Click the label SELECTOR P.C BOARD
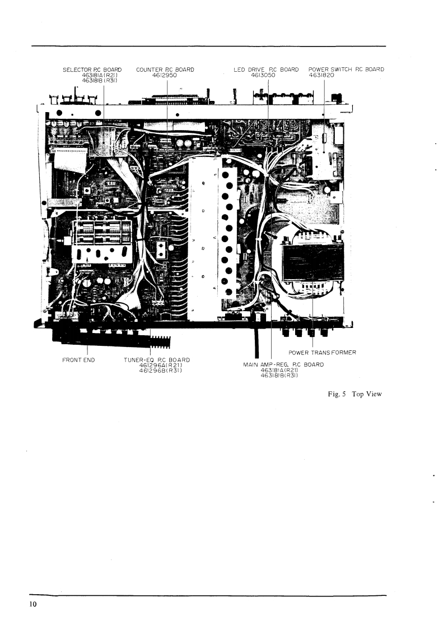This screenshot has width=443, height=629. click(92, 70)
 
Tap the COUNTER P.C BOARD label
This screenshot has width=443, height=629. click(165, 70)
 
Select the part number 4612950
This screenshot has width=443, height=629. click(165, 75)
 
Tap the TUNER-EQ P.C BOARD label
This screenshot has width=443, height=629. click(157, 359)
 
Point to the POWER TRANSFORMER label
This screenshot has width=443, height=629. click(323, 353)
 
